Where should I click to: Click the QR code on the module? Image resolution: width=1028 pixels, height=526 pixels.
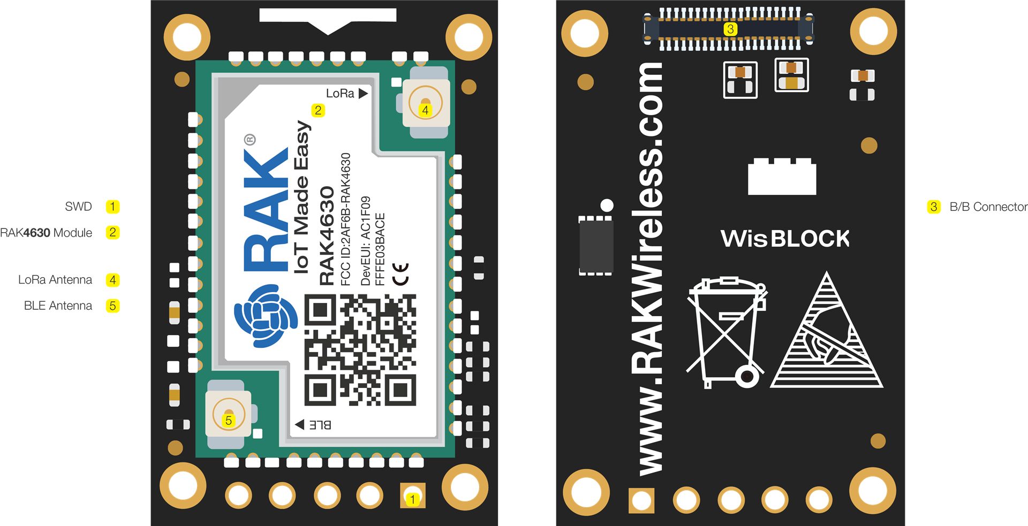point(360,350)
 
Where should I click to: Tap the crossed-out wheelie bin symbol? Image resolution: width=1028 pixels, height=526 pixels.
point(727,333)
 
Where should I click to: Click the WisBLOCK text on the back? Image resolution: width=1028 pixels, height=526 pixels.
point(785,239)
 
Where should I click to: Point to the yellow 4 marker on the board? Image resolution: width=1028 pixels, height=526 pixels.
point(425,110)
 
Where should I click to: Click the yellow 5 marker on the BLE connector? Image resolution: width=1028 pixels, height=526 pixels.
point(229,420)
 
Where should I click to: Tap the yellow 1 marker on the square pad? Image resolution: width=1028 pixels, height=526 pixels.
point(412,499)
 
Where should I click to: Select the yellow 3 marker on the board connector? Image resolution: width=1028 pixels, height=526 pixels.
point(730,29)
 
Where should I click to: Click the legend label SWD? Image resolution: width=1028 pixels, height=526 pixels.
point(78,207)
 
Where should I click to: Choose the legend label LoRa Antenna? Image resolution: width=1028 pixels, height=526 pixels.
point(55,280)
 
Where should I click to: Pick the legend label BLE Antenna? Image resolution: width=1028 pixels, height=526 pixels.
point(58,306)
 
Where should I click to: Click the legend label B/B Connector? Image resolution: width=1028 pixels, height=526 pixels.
point(988,207)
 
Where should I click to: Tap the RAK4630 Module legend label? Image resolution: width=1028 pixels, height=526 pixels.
point(46,233)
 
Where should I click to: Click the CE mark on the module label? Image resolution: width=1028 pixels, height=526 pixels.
point(400,274)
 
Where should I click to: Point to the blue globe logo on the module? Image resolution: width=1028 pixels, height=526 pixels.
point(266,316)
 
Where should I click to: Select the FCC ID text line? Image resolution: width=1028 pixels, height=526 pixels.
point(346,219)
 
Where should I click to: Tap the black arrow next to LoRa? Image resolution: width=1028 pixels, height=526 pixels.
point(363,94)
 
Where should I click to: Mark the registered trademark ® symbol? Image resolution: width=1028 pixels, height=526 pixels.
point(250,140)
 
